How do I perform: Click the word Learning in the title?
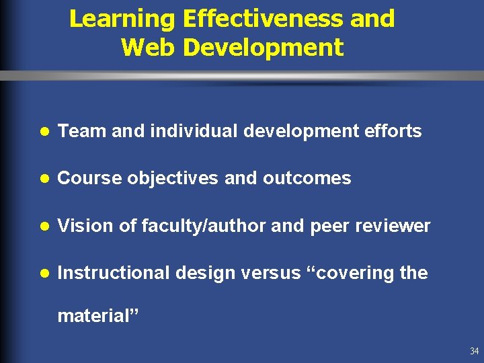click(123, 19)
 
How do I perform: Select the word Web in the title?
click(148, 48)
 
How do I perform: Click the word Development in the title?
click(263, 48)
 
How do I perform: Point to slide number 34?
click(475, 351)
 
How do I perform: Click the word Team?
click(82, 131)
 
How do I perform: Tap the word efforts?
click(393, 131)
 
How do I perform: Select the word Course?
click(89, 178)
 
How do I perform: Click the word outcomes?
click(307, 178)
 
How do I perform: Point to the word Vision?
click(85, 226)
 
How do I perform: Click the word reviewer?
click(392, 226)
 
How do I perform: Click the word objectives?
click(169, 179)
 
